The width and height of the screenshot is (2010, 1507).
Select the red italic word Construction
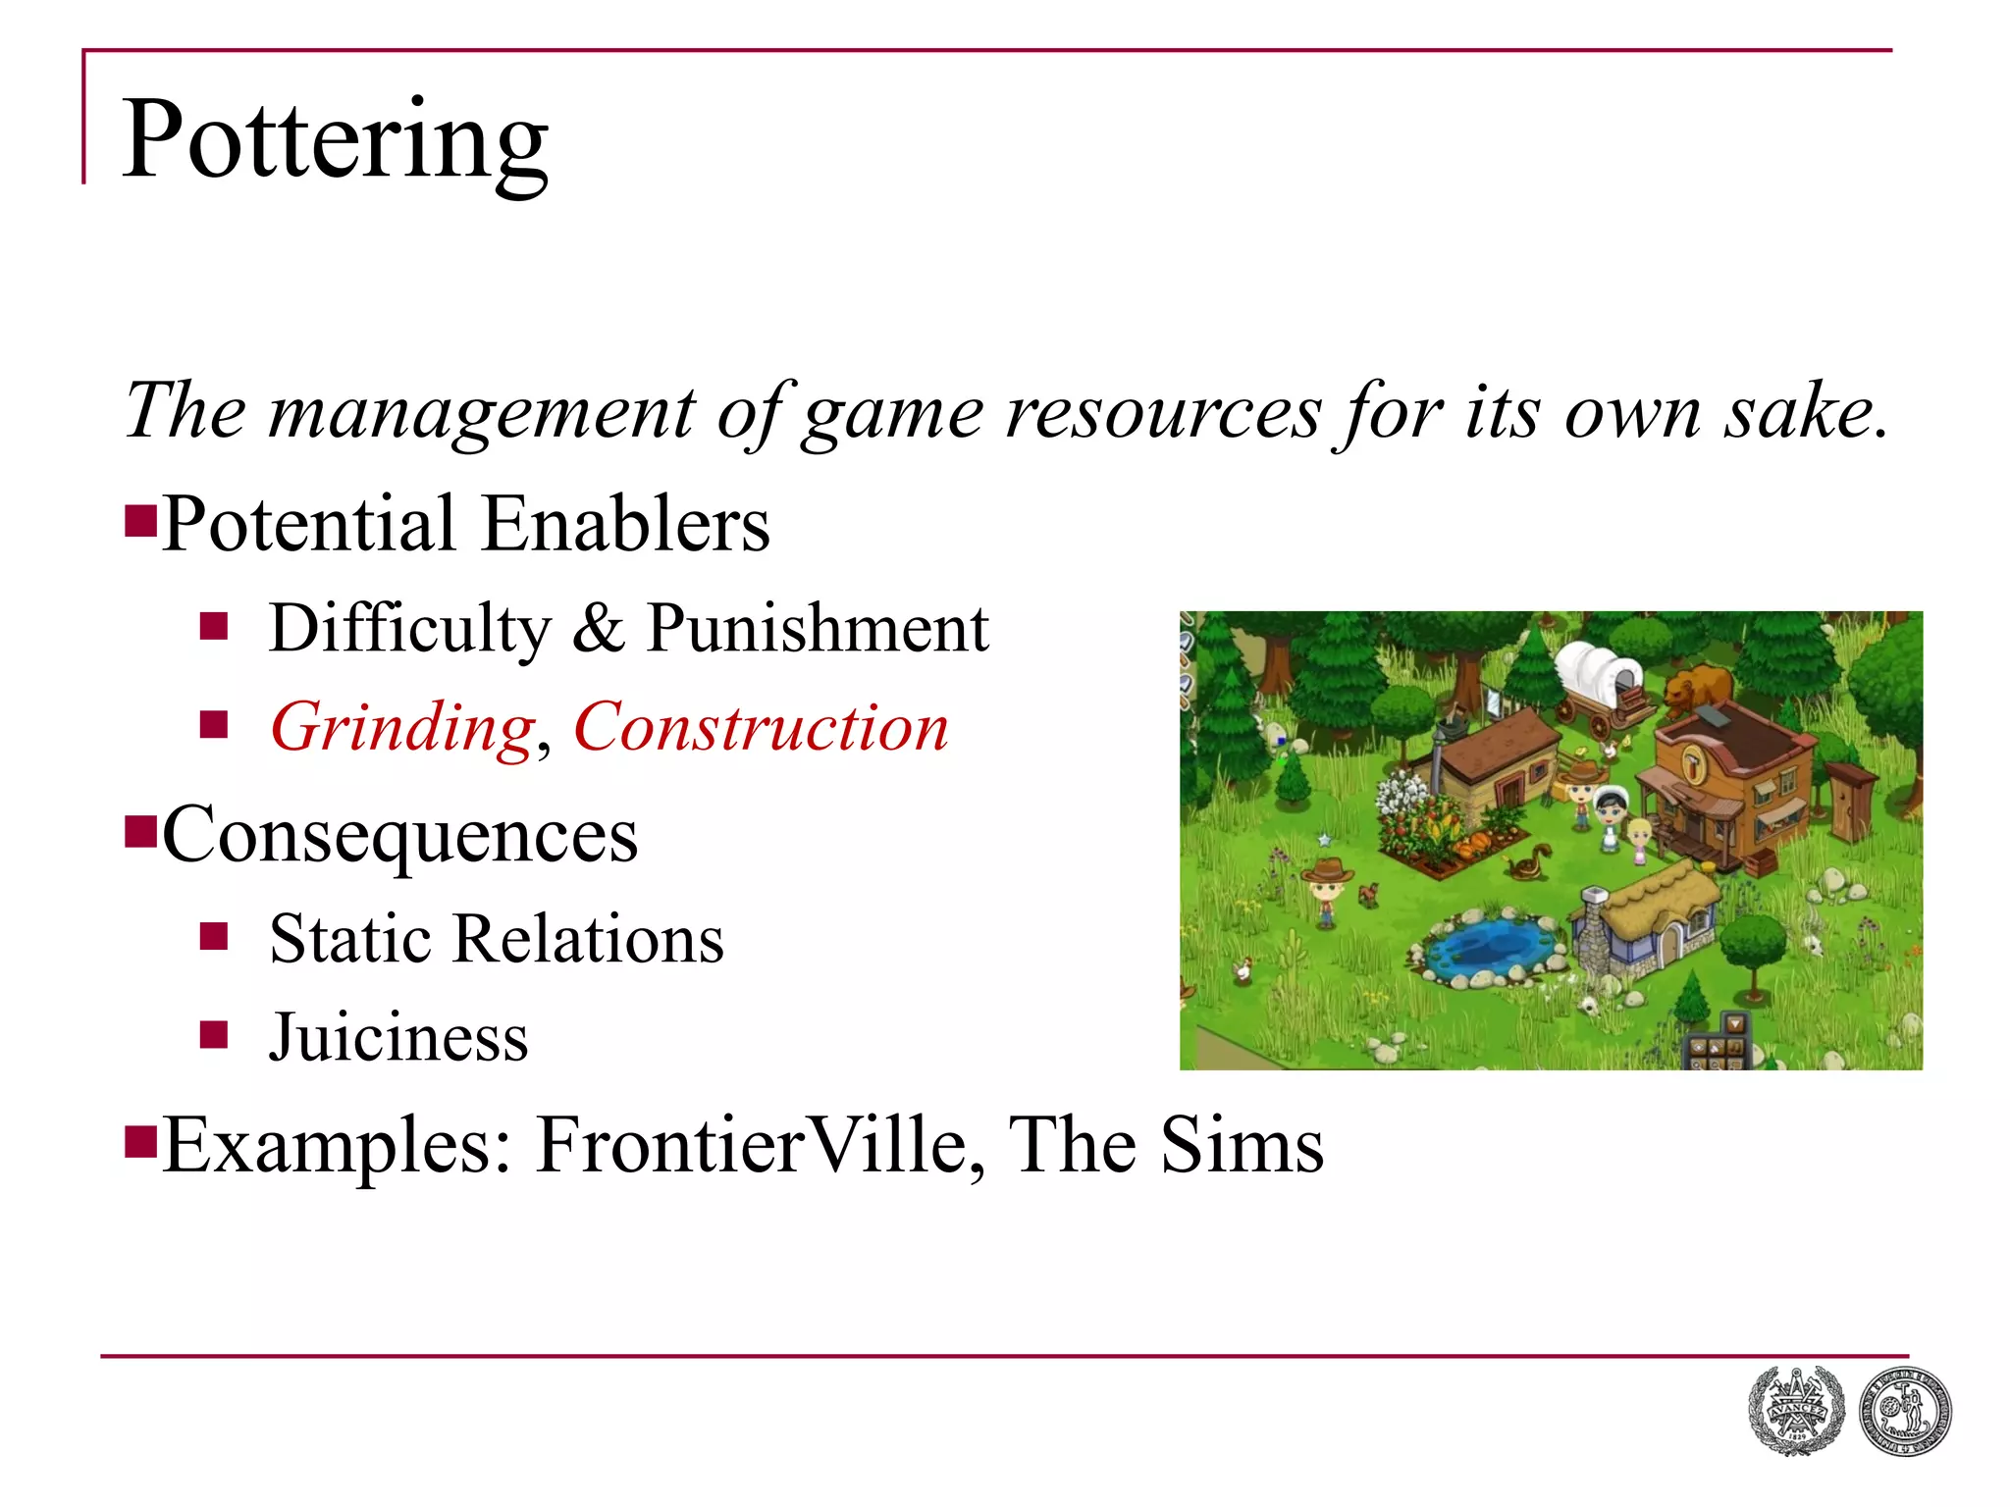pyautogui.click(x=761, y=728)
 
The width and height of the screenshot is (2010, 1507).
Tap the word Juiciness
pyautogui.click(x=398, y=1038)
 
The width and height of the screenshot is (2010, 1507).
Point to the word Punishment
pyautogui.click(x=818, y=628)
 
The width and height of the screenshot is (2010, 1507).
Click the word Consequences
pyautogui.click(x=400, y=835)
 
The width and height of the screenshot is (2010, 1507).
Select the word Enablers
pyautogui.click(x=626, y=524)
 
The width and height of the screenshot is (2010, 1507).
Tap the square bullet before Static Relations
pyautogui.click(x=214, y=937)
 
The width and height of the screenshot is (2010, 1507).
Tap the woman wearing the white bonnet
pyautogui.click(x=1611, y=813)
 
